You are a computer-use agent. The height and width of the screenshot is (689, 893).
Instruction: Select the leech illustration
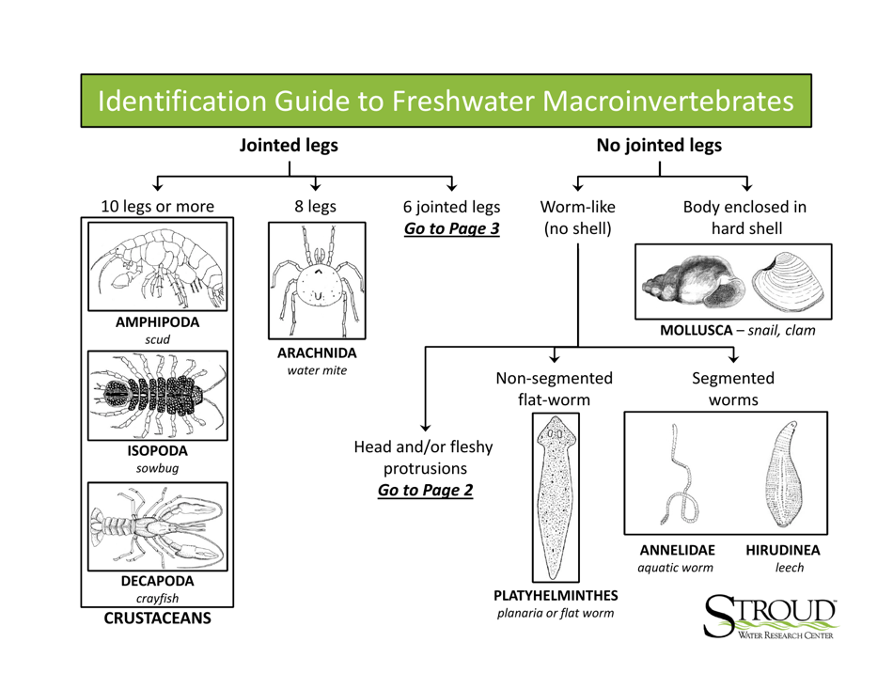782,477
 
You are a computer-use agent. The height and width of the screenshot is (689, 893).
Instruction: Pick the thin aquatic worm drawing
681,478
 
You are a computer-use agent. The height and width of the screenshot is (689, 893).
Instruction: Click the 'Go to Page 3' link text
451,228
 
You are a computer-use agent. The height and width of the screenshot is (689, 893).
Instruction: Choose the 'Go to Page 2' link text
425,490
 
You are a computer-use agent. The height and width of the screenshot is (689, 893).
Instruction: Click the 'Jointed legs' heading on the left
289,146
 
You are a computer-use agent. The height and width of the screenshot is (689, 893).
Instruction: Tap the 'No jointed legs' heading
660,146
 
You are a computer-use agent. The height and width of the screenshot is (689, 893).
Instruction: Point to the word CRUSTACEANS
158,619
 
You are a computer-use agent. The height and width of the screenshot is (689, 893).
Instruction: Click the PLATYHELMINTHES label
556,595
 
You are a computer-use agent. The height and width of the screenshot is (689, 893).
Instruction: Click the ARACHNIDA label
317,352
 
